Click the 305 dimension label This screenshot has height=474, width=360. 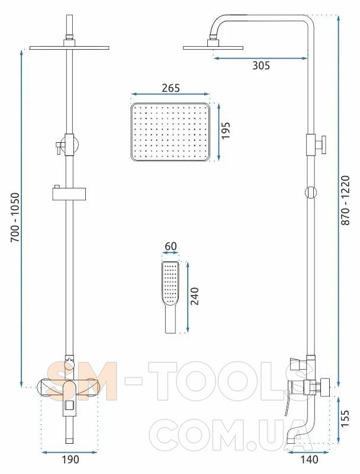point(261,65)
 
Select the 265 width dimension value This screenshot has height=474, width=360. point(171,88)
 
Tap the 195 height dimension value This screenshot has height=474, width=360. point(226,130)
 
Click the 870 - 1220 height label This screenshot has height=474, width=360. point(345,200)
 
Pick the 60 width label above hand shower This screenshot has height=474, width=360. point(171,246)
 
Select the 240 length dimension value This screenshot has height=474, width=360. point(195,296)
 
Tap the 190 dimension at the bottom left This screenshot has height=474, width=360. point(70,460)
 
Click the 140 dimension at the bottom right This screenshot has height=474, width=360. point(309,460)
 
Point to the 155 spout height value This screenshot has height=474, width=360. point(345,418)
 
